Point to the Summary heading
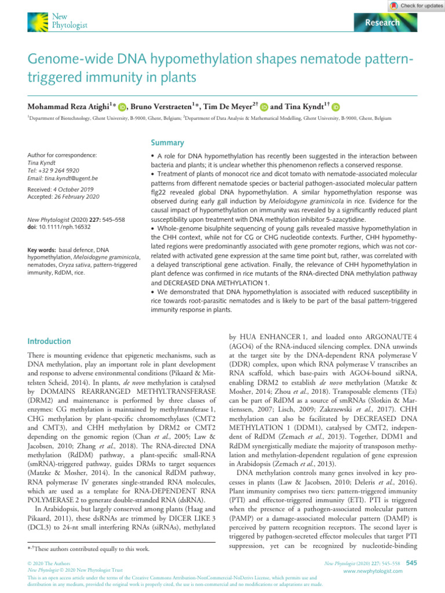(167, 142)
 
